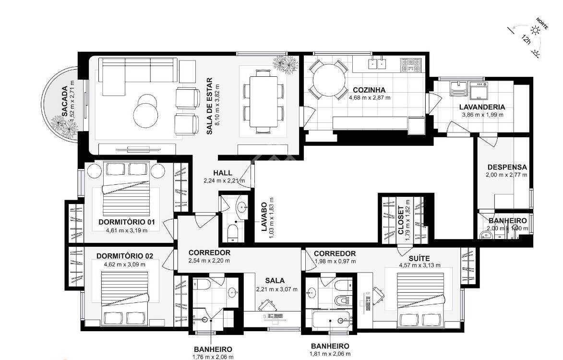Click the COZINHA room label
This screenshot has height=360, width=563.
(369, 90)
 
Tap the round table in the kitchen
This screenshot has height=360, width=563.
(328, 80)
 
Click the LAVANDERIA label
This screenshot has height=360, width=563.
(482, 107)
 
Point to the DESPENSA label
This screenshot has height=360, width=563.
(507, 167)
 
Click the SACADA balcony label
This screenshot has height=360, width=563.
(64, 101)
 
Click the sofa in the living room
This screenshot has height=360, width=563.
(139, 76)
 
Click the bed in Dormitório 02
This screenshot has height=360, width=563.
(125, 299)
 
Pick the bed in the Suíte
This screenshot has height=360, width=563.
(420, 300)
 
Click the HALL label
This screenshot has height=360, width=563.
(223, 173)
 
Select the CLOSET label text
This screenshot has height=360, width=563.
(400, 220)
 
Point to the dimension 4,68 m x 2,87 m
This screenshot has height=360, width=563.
(370, 97)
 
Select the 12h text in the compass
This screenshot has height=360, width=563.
(526, 39)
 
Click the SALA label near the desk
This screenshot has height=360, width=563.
(275, 281)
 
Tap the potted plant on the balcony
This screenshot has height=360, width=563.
(65, 126)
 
